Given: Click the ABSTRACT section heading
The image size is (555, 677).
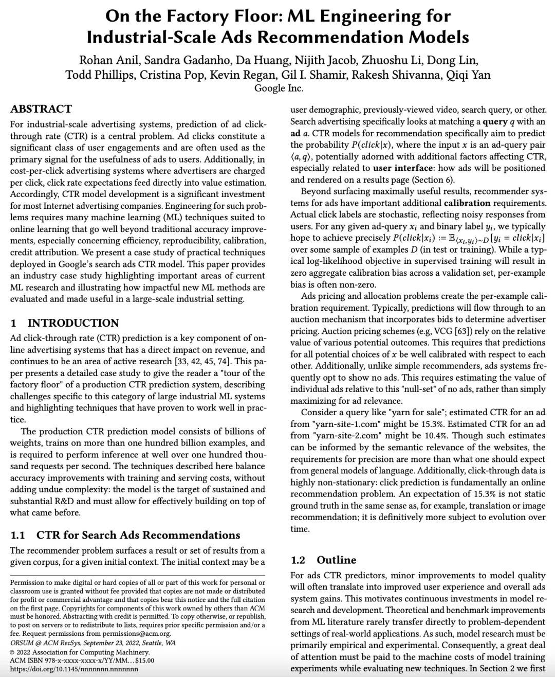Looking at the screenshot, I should coord(41,109).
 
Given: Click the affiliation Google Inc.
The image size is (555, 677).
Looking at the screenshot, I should coord(279,88).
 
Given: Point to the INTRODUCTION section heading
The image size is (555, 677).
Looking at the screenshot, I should coord(73,323).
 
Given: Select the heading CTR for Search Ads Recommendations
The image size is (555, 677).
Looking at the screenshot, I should coord(138,535).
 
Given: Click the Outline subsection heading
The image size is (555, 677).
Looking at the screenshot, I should coord(336,560).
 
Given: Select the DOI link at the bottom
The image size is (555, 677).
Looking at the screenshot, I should coord(74,669).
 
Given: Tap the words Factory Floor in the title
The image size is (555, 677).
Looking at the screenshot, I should coord(206,16).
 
